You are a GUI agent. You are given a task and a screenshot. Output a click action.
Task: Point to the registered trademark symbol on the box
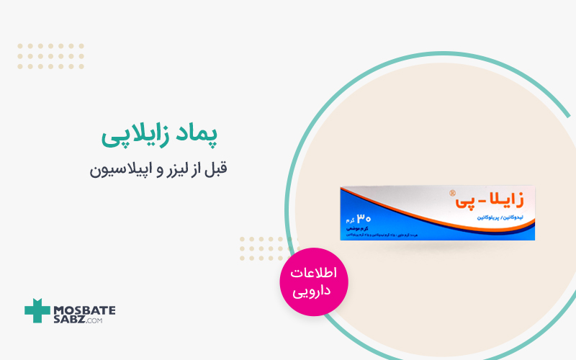[x=452, y=193]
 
